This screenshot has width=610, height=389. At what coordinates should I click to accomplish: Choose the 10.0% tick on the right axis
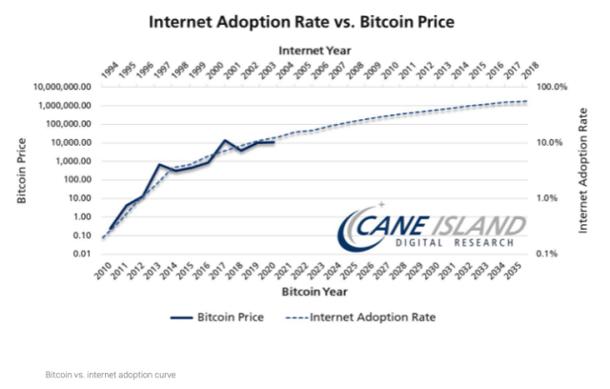coord(554,143)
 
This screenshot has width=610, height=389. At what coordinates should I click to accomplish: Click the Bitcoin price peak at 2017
coord(224,141)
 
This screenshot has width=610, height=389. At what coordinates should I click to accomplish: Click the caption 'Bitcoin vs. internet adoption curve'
coord(111,375)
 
